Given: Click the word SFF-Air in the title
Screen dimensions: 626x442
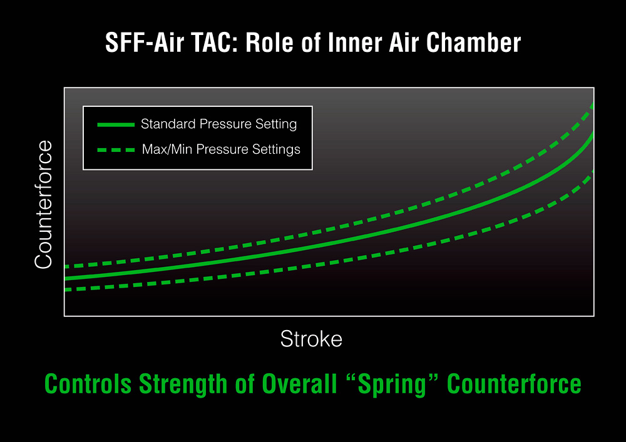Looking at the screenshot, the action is tap(145, 43).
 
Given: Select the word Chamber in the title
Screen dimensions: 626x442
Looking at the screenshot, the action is tap(473, 43).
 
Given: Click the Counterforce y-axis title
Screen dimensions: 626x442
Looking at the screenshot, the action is tap(44, 204).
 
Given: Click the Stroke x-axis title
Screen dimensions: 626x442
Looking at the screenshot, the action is tap(311, 339).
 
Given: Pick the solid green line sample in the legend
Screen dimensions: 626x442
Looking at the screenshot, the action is tap(116, 125).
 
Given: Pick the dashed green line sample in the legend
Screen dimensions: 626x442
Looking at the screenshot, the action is tap(116, 150).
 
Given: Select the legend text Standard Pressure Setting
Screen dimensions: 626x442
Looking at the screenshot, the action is tap(218, 124).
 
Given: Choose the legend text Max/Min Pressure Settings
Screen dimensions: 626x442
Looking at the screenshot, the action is tap(221, 149).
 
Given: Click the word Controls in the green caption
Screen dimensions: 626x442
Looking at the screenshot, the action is tap(88, 384).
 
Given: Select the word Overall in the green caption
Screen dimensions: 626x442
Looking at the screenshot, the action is tap(299, 384).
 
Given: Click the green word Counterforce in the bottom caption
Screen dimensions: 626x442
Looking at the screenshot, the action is tap(514, 384).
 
